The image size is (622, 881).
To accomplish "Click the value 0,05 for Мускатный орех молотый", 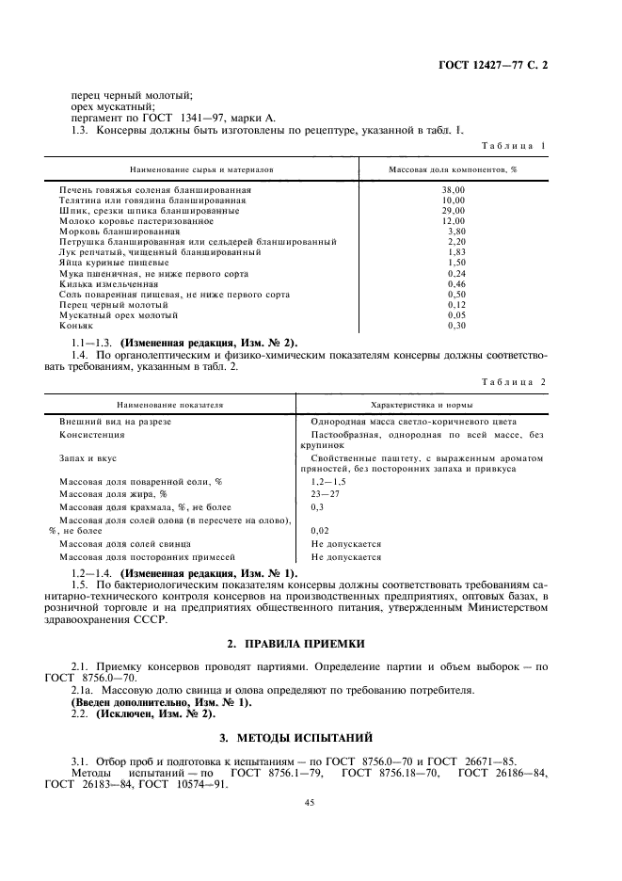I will pos(455,315).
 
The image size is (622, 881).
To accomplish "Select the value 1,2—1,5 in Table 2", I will pos(328,481).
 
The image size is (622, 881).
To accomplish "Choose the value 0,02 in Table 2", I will pos(320,531).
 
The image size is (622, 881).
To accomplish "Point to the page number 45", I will pos(310,802).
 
